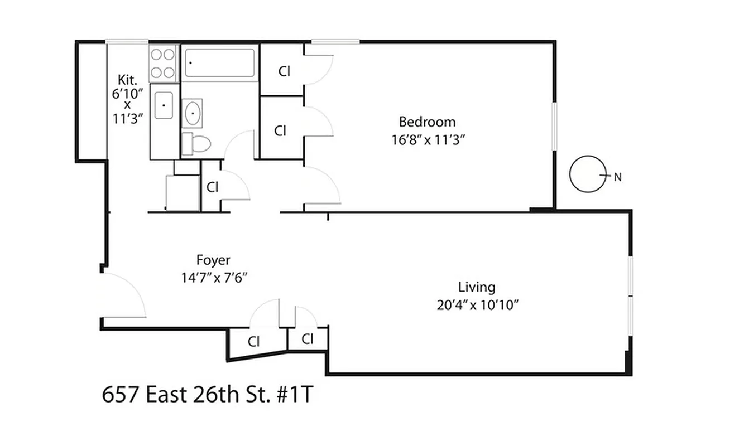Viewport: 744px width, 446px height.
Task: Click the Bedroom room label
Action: [x=427, y=122]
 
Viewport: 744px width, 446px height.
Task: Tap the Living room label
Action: [x=477, y=287]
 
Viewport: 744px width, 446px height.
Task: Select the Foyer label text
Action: [x=213, y=260]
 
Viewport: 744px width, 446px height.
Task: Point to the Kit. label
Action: [x=127, y=79]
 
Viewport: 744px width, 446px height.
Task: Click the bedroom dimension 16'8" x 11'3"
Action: [x=428, y=140]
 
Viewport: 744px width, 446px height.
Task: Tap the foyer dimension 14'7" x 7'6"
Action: [x=214, y=277]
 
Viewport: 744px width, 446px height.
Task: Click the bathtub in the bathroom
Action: [x=219, y=63]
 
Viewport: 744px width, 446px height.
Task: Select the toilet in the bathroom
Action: [x=196, y=144]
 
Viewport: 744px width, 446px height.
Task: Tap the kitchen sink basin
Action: [x=164, y=105]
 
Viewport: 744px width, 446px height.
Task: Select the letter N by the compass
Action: [x=617, y=178]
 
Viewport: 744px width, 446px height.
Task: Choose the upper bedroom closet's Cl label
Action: [x=285, y=71]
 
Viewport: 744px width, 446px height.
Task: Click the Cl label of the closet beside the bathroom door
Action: [x=212, y=187]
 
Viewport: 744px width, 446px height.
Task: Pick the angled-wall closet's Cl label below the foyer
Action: [x=254, y=341]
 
